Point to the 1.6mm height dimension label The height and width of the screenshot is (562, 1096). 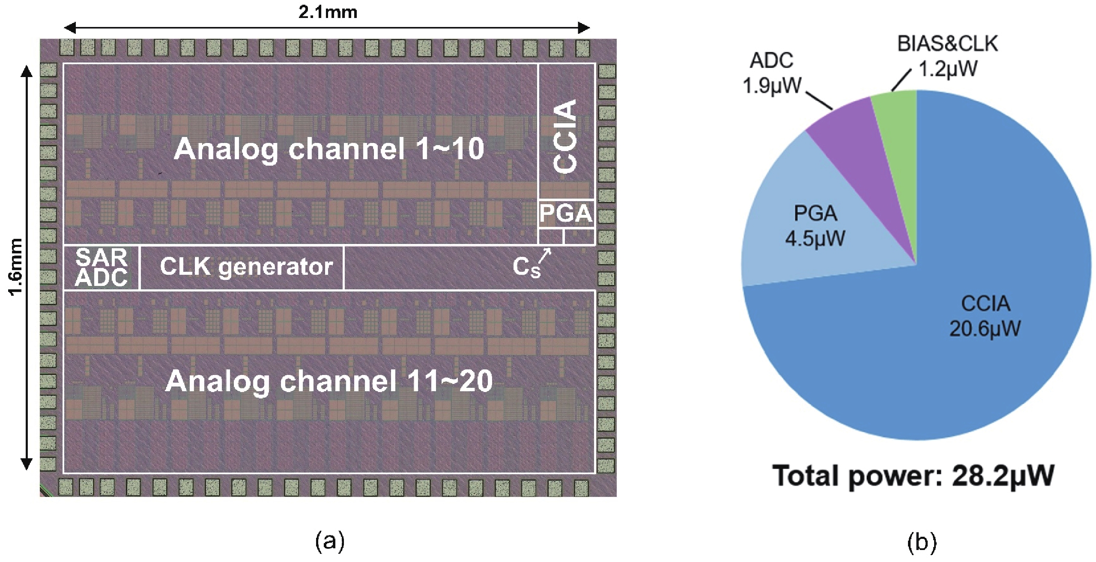15,267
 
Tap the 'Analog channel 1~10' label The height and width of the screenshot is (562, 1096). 329,149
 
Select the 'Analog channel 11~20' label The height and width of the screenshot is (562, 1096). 329,381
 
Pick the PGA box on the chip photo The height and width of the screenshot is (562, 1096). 566,214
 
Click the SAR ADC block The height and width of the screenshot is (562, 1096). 102,268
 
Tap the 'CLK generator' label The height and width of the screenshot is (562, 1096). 246,267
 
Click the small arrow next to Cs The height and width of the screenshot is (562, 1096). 545,256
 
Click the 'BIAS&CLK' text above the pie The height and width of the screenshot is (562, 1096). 947,44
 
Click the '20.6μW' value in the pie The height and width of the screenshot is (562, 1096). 985,329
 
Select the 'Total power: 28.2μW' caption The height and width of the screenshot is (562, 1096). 913,476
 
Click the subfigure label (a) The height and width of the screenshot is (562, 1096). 329,542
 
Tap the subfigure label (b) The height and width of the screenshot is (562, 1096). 921,542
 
